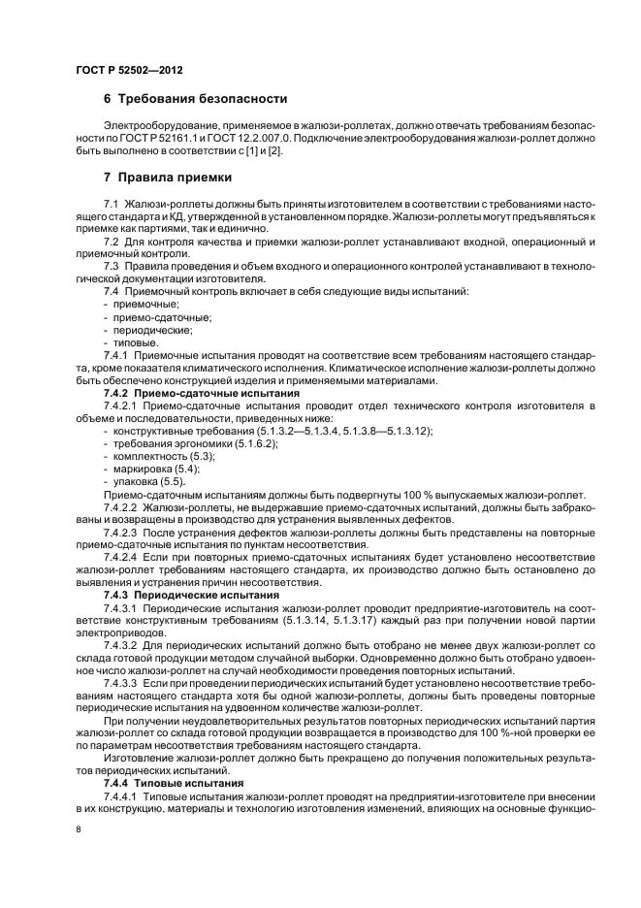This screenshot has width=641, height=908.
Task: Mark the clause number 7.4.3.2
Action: [x=121, y=644]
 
